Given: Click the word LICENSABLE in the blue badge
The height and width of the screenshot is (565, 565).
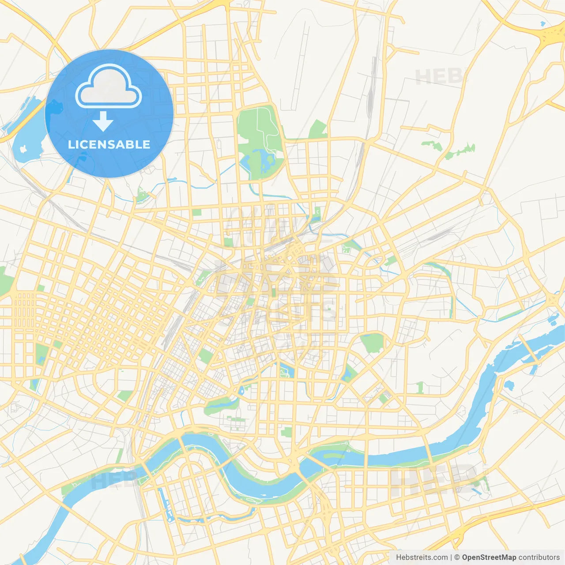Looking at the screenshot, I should click(x=109, y=145).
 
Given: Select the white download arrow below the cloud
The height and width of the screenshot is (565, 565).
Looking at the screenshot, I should click(x=103, y=121).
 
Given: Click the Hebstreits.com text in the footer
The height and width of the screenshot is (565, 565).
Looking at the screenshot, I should click(x=422, y=557).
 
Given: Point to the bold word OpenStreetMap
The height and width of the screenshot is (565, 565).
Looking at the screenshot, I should click(x=489, y=557).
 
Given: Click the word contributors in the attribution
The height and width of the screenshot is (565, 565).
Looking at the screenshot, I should click(x=539, y=557).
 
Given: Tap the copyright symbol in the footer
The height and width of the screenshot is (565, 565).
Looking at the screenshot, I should click(x=457, y=557).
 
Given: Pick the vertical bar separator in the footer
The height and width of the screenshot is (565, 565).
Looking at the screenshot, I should click(x=451, y=557).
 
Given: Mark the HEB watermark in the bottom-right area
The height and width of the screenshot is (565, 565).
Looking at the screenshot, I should click(x=433, y=479).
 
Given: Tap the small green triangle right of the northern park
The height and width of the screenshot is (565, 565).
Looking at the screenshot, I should click(x=318, y=129).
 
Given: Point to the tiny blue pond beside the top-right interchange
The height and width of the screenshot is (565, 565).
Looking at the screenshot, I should click(x=543, y=23).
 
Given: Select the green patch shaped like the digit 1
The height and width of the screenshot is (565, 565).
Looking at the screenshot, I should click(x=420, y=388).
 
